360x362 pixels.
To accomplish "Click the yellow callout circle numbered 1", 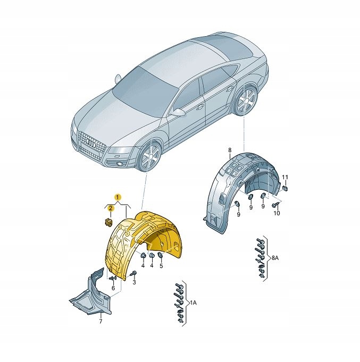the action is pyautogui.click(x=118, y=197).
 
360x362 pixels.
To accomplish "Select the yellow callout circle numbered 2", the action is pyautogui.click(x=111, y=208).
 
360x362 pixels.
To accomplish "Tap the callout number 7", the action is pyautogui.click(x=101, y=321).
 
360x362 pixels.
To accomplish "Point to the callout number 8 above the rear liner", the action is pyautogui.click(x=230, y=150).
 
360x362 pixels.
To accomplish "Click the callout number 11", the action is pyautogui.click(x=286, y=178).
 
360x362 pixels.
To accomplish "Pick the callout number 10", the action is pyautogui.click(x=277, y=213).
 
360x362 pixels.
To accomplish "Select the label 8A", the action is pyautogui.click(x=275, y=258).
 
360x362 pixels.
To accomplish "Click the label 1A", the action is pyautogui.click(x=193, y=302).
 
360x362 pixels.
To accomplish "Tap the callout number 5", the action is pyautogui.click(x=161, y=266).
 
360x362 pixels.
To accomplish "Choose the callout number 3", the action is pyautogui.click(x=134, y=282).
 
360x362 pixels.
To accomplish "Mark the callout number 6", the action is pyautogui.click(x=113, y=288).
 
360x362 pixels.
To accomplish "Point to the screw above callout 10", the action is pyautogui.click(x=275, y=204).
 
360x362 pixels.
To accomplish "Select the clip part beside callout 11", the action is pyautogui.click(x=285, y=188).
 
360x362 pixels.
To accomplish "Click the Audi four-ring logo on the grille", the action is pyautogui.click(x=91, y=143).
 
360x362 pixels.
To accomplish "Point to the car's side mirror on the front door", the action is pyautogui.click(x=179, y=113).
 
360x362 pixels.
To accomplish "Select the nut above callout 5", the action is pyautogui.click(x=160, y=256).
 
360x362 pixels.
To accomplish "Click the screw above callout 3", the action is pyautogui.click(x=133, y=274).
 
